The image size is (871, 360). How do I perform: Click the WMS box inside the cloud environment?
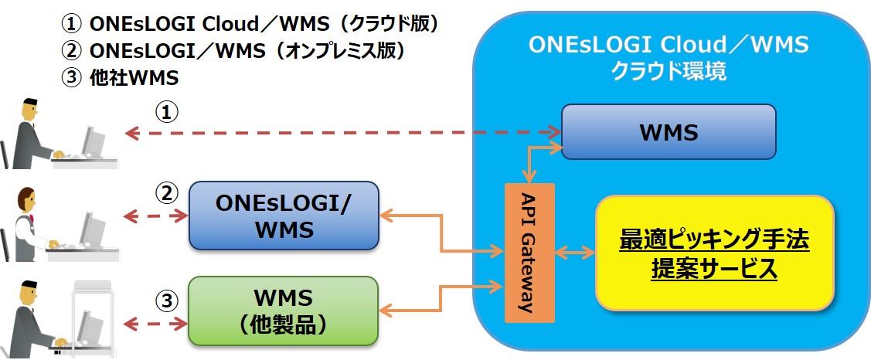coord(669,132)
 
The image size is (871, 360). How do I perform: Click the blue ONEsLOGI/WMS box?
coord(284,216)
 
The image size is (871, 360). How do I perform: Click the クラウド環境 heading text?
coord(669,71)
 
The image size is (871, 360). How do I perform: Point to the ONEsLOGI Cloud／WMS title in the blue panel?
coord(669,45)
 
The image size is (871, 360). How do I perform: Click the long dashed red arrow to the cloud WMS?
coord(340,133)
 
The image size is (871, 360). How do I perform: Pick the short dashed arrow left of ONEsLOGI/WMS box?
coord(155,216)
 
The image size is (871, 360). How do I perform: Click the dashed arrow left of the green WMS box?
coord(155,321)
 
